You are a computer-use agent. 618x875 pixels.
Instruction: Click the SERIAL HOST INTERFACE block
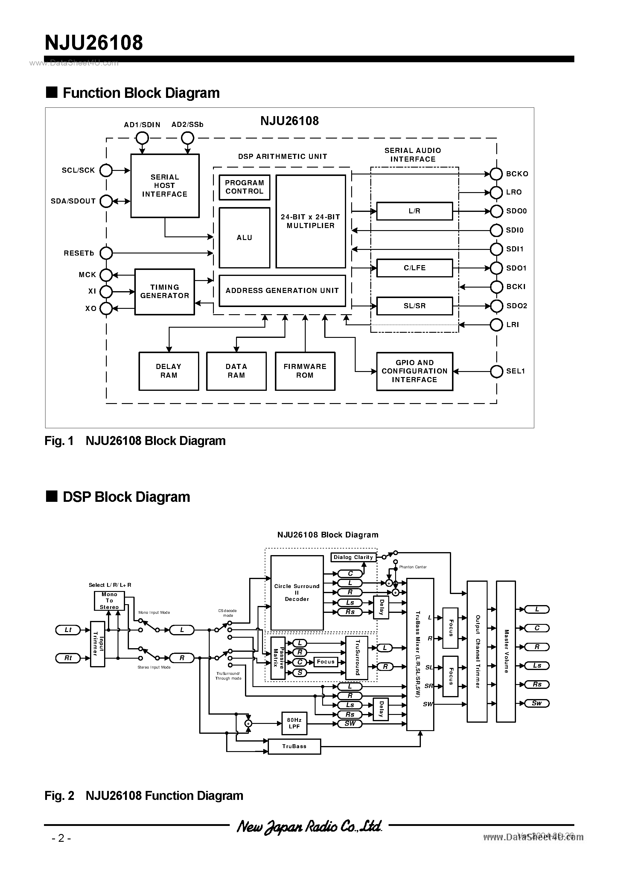tap(165, 186)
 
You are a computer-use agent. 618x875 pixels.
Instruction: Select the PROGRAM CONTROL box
tap(244, 187)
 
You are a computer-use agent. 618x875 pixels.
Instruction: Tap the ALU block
tap(244, 237)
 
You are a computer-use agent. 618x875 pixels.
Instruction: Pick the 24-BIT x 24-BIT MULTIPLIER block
tap(310, 221)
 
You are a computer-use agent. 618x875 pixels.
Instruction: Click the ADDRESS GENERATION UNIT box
tap(282, 290)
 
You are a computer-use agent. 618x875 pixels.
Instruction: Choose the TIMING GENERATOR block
tap(165, 291)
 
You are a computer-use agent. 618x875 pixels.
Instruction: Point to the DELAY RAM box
tap(168, 371)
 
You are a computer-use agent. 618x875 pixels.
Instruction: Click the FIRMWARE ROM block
tap(305, 371)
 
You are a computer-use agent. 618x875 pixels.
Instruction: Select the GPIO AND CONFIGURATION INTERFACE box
tap(415, 371)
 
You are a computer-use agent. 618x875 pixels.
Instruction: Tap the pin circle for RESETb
tap(106, 253)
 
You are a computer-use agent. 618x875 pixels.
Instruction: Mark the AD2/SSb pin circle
tap(188, 138)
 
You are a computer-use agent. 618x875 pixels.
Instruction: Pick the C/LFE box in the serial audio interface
tap(415, 268)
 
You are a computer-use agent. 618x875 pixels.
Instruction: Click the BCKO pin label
tap(517, 174)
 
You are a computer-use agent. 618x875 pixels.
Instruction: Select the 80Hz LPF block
tap(294, 723)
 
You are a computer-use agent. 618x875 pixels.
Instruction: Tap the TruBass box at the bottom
tap(294, 746)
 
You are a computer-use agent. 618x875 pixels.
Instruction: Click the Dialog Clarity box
tap(353, 557)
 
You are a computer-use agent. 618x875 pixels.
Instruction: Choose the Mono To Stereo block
tap(109, 601)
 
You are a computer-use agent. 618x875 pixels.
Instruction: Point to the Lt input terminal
tap(68, 630)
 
